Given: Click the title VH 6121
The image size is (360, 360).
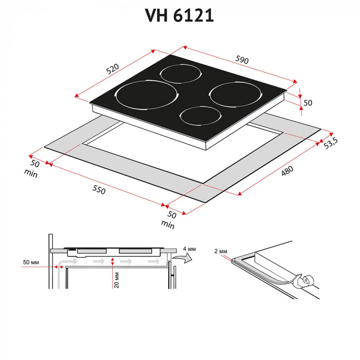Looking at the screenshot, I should tap(180, 15).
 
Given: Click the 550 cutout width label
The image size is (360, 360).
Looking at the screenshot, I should tap(99, 190).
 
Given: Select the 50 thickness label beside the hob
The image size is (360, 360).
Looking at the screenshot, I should tap(308, 102).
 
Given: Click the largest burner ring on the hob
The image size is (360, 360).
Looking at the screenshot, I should tap(146, 96).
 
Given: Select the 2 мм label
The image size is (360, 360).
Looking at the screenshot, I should tap(220, 251).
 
